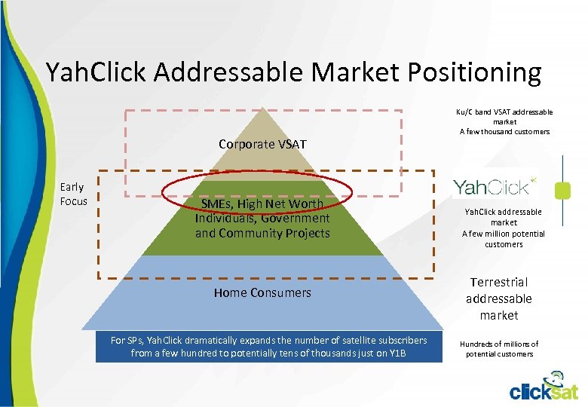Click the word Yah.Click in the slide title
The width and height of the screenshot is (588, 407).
[x=97, y=72]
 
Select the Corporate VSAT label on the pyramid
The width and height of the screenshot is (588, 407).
[x=262, y=144]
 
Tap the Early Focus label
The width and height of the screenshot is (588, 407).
[x=73, y=194]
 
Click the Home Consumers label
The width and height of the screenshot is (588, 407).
[x=262, y=292]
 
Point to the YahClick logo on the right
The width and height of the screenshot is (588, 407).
[x=495, y=185]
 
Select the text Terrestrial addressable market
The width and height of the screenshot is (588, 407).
[x=498, y=298]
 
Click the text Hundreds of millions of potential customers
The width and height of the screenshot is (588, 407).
[x=498, y=349]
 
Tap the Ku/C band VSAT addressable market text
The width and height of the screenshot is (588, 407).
[x=504, y=116]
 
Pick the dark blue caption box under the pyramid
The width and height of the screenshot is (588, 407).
[x=268, y=347]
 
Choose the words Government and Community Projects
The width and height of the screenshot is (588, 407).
[x=262, y=226]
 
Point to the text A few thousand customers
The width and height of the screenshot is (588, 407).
[x=504, y=132]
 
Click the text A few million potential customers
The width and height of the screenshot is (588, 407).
[x=504, y=239]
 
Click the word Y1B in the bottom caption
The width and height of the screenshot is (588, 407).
[x=397, y=353]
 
